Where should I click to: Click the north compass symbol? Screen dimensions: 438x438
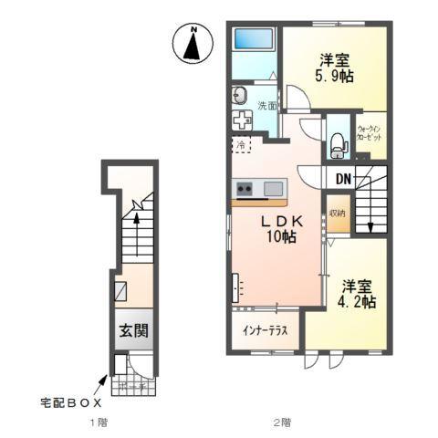pyautogui.click(x=192, y=44)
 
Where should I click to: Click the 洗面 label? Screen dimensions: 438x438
pyautogui.click(x=266, y=105)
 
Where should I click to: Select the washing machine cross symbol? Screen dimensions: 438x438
pyautogui.click(x=243, y=122)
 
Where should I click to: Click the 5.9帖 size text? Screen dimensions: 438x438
pyautogui.click(x=334, y=77)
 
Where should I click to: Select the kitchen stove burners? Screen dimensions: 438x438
pyautogui.click(x=245, y=190)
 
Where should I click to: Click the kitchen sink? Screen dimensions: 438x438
pyautogui.click(x=273, y=189)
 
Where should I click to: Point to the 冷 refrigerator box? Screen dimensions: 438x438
pyautogui.click(x=241, y=145)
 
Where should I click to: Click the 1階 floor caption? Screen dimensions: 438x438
pyautogui.click(x=99, y=423)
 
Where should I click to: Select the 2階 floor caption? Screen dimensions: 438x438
pyautogui.click(x=281, y=423)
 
